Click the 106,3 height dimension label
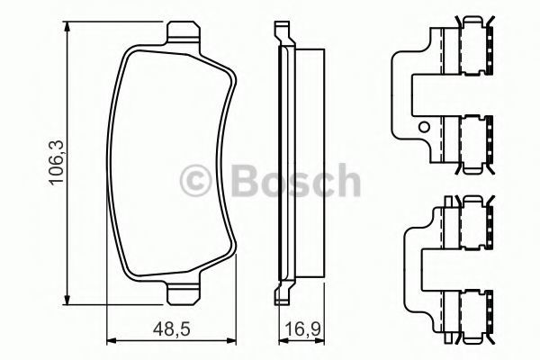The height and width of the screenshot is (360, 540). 56,162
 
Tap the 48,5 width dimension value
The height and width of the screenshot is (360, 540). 172,329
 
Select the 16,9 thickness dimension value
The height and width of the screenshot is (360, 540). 303,329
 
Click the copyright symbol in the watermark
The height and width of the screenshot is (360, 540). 196,181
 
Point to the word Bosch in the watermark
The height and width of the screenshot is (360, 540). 295,181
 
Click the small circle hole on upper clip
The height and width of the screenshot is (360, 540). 424,127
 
